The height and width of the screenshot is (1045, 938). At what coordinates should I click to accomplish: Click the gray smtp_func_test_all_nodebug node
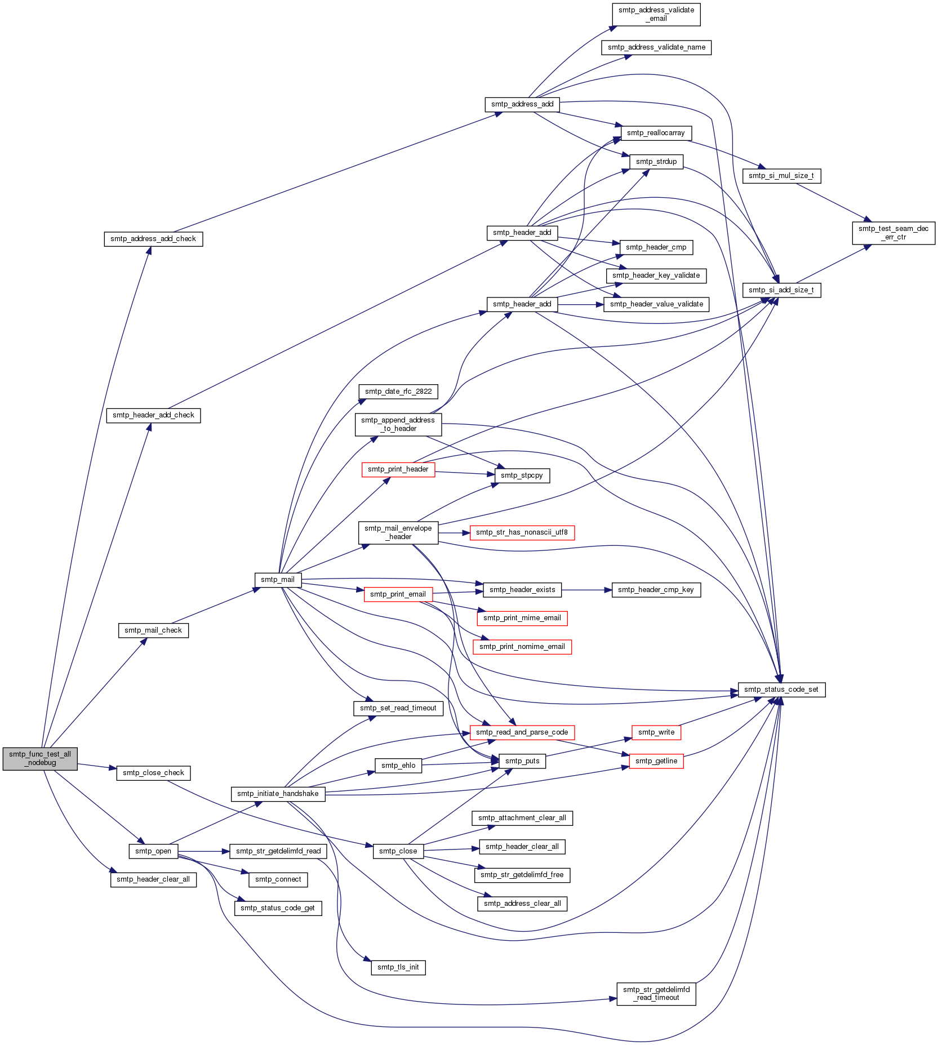point(40,758)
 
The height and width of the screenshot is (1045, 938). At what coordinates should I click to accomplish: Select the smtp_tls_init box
point(398,967)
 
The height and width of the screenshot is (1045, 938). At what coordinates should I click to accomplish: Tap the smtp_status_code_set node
point(781,690)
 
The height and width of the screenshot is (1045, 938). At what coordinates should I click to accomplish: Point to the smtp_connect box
point(278,879)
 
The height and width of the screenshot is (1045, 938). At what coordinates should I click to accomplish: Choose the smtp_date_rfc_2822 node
point(398,392)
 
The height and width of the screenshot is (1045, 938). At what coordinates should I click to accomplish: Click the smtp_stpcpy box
point(522,475)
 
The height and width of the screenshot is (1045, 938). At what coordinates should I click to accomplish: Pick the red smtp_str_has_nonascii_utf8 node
point(522,532)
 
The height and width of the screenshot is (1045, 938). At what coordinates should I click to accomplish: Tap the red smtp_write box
point(656,732)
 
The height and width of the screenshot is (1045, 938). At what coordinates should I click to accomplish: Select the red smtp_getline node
point(656,761)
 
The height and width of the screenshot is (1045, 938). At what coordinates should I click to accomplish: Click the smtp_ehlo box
point(398,766)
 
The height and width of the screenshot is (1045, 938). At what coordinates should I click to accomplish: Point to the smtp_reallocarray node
point(656,133)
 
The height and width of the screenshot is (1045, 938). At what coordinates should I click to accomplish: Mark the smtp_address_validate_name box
point(656,47)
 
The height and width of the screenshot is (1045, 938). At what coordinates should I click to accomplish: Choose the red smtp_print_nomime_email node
point(522,647)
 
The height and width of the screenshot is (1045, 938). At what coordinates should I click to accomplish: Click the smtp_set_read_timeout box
point(398,708)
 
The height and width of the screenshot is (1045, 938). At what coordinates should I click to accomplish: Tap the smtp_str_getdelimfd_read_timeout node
point(656,994)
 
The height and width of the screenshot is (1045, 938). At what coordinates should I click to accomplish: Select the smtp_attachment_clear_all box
point(522,818)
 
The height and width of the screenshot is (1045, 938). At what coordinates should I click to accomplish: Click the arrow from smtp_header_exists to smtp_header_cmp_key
point(586,590)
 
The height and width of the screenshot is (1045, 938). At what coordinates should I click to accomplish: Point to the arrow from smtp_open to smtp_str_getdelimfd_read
point(204,851)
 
